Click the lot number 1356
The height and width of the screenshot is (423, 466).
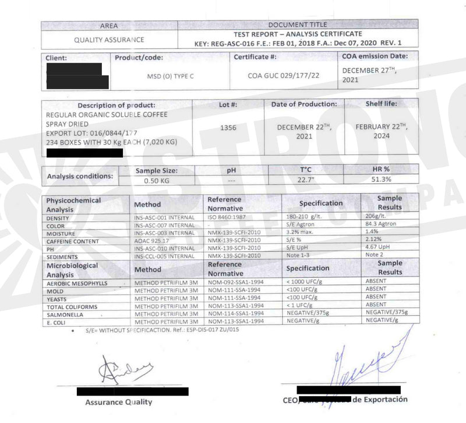click(x=228, y=128)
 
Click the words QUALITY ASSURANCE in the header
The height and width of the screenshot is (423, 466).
click(x=109, y=40)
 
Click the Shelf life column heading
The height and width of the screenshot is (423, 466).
click(x=383, y=104)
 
